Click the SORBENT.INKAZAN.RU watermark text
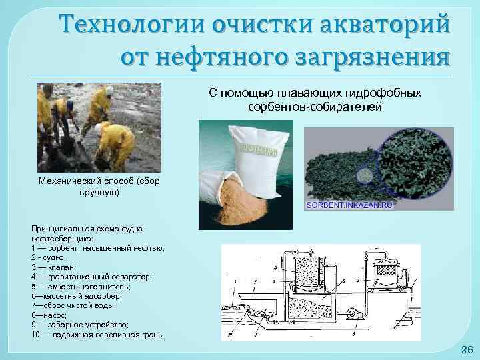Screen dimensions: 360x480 pos(350,205)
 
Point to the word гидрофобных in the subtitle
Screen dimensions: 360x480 pos(388,94)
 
